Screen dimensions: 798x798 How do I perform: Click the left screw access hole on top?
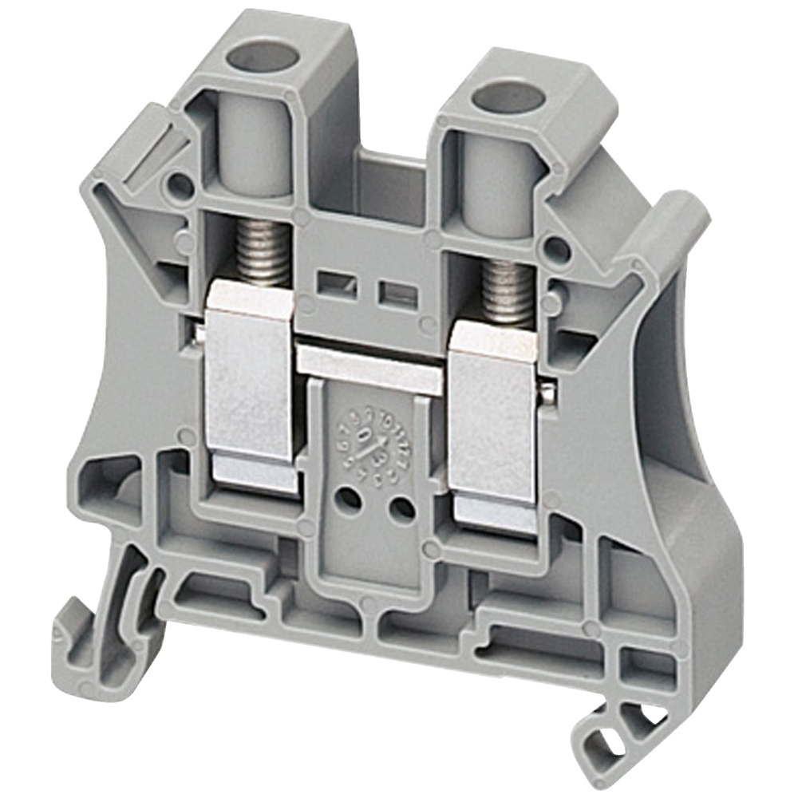click(261, 58)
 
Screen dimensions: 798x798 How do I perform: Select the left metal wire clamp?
click(249, 383)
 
